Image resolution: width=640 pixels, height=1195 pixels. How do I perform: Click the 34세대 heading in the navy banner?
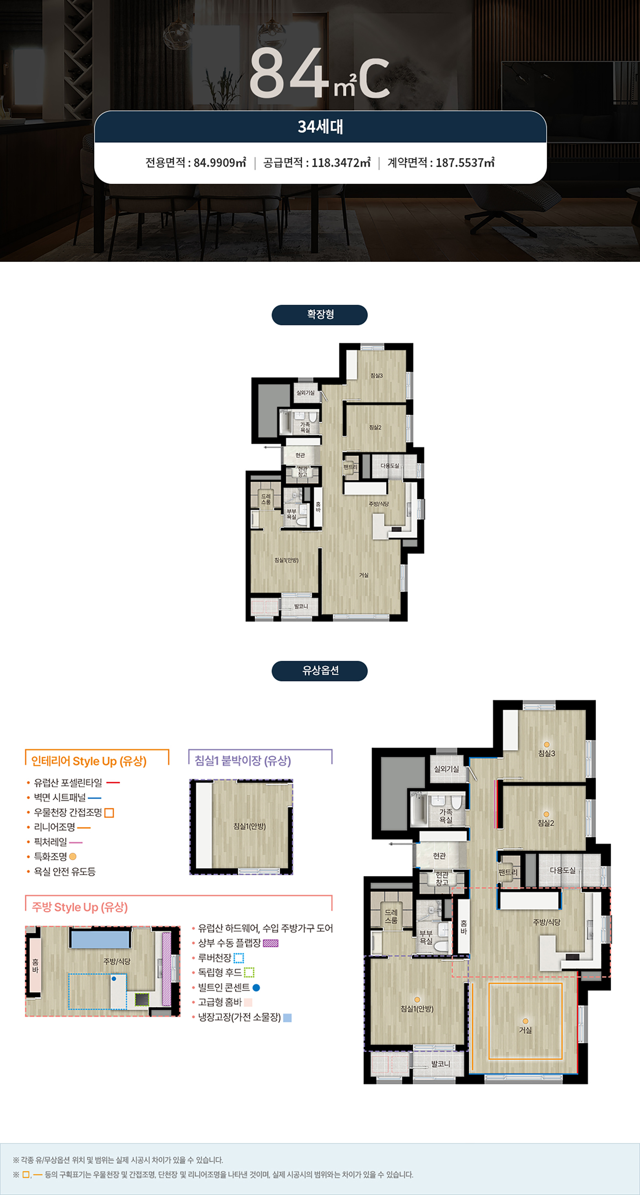tap(320, 127)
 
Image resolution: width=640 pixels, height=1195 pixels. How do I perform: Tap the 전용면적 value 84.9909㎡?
tap(220, 162)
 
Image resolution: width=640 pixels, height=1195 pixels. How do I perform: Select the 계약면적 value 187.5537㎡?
tap(465, 162)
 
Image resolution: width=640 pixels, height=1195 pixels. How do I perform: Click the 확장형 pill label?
tap(320, 315)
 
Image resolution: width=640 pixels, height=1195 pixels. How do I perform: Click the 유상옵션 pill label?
tap(320, 670)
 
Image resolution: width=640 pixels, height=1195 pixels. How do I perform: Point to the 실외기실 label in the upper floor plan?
tap(305, 393)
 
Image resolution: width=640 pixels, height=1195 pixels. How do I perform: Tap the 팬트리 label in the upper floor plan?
tap(350, 467)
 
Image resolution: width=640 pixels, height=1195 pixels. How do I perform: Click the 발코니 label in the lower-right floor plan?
tap(440, 1063)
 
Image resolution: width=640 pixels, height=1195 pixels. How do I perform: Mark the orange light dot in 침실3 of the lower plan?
tap(547, 745)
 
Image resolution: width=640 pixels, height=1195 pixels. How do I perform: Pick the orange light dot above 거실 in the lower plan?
tap(525, 1021)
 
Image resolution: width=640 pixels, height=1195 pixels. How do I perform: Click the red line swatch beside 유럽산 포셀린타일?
tap(113, 783)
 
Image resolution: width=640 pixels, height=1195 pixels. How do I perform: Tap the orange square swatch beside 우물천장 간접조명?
tap(109, 813)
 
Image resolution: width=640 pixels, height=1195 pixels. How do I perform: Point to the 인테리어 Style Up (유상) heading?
tap(89, 761)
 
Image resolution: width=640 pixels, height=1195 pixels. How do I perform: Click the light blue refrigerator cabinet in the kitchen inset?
tap(100, 939)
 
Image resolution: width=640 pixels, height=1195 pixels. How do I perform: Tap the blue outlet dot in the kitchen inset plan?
tap(114, 979)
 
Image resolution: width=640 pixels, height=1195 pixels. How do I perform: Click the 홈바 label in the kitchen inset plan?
tap(35, 966)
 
